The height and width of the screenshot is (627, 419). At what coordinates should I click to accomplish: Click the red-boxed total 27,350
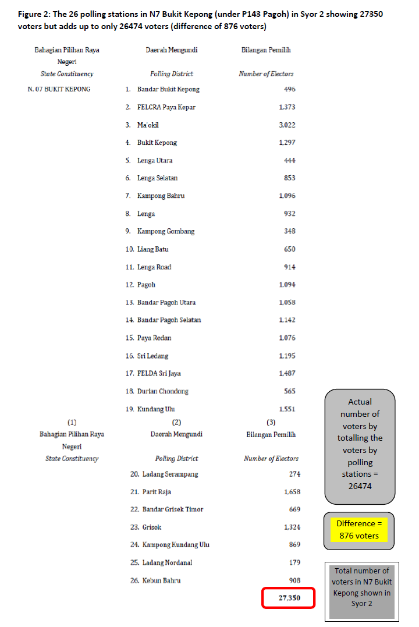coord(288,598)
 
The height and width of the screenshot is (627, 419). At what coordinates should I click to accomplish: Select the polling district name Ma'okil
coord(148,125)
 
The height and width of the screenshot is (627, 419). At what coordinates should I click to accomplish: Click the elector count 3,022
coord(287,125)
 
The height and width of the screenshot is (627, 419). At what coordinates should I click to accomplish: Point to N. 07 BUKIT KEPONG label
coord(59,89)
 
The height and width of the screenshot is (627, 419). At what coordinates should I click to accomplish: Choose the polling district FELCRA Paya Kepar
coord(166,107)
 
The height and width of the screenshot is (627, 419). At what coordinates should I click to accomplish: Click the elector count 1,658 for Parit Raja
coord(292,492)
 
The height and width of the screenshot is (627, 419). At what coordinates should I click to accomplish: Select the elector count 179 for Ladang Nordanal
coord(294,562)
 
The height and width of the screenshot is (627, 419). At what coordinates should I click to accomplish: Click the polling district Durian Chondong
coord(162,391)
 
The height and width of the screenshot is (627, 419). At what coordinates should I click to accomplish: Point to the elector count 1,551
coord(287,409)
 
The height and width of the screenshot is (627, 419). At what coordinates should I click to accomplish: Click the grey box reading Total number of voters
coord(361,587)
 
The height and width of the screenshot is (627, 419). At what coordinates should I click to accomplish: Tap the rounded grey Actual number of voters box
coord(360,444)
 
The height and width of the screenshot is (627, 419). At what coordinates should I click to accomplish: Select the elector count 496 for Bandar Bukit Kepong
coord(289,89)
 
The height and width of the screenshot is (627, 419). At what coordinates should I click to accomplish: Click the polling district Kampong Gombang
coord(165,231)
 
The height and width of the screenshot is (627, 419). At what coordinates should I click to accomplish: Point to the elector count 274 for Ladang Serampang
coord(294,474)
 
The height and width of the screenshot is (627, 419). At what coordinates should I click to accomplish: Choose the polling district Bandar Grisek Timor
coord(173,509)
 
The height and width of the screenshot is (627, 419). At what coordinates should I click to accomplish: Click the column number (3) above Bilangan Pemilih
coord(271,422)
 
